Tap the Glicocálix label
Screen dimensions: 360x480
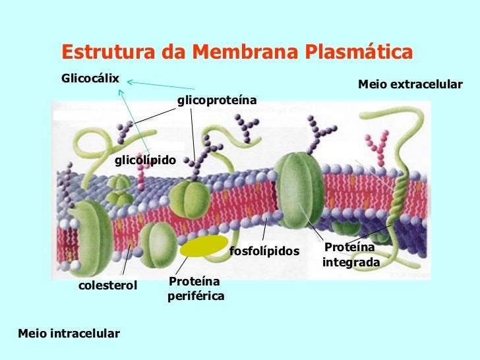coord(90,78)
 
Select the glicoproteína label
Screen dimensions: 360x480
coord(216,100)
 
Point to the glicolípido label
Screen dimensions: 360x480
coord(144,160)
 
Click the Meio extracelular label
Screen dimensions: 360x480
coord(410,84)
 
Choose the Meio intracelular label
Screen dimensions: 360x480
coord(69,334)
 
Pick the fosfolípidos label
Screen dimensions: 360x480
coord(264,251)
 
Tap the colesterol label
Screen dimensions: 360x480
coord(107,285)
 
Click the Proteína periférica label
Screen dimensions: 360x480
coord(196,289)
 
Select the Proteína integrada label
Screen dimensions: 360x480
coord(351,255)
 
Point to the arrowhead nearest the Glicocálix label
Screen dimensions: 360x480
coord(128,82)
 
